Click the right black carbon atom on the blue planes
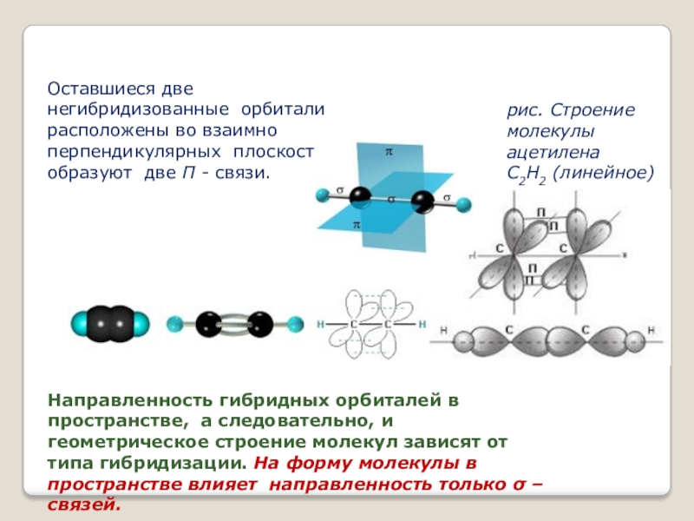coord(423,202)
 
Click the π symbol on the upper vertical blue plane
coord(389,153)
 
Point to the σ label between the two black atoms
coord(391,198)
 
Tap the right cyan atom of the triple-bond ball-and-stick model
coord(295,326)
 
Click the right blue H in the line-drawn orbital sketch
coord(422,325)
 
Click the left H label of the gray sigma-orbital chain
coord(443,330)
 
